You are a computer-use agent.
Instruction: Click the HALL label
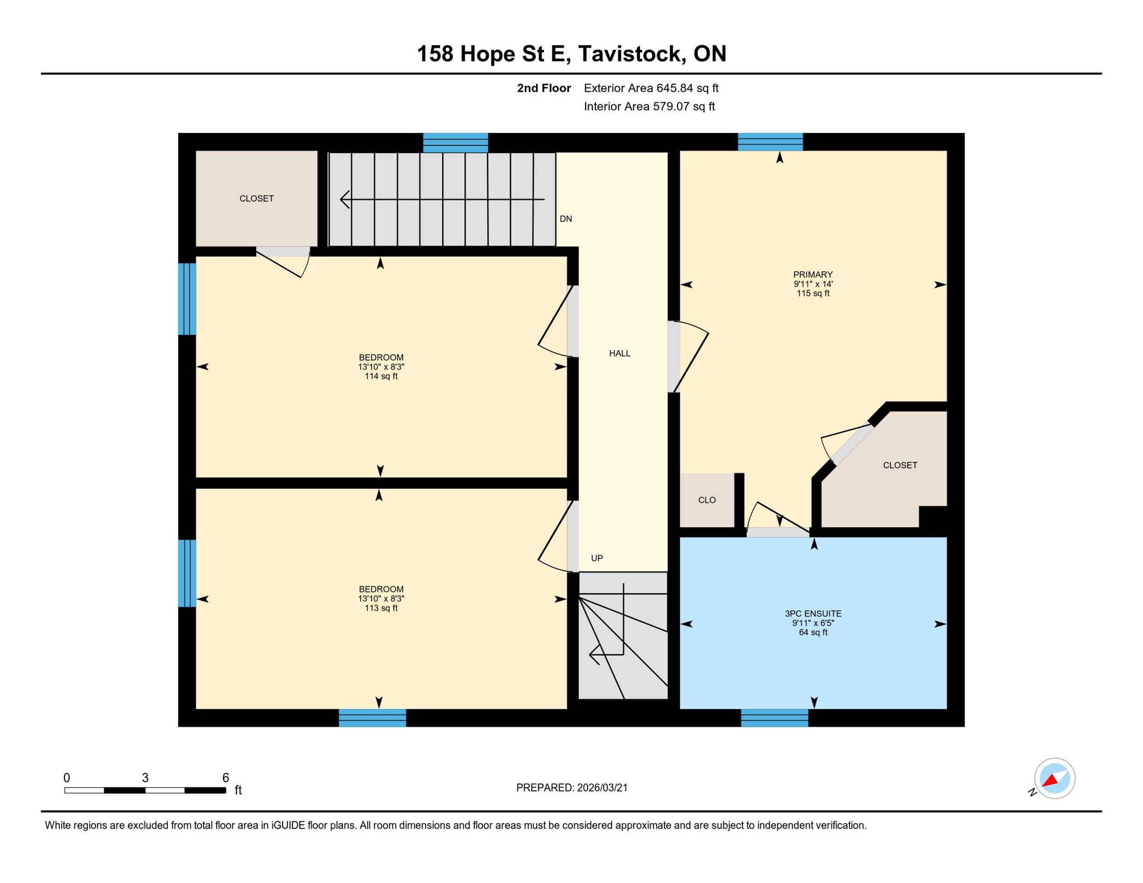(x=620, y=354)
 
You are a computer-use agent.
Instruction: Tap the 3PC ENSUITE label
(x=813, y=614)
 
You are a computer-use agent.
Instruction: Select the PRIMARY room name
(x=813, y=275)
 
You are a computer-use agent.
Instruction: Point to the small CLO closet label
(x=707, y=500)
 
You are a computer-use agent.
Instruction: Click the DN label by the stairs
(x=566, y=218)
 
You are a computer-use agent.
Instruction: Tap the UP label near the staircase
(x=597, y=558)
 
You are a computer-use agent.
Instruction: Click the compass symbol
(x=1055, y=778)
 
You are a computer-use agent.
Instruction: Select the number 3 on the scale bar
(x=145, y=778)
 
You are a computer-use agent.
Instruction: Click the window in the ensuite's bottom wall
(x=774, y=718)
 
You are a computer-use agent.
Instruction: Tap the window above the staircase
(x=455, y=142)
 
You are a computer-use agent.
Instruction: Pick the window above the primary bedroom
(x=770, y=142)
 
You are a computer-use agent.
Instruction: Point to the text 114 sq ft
(x=381, y=376)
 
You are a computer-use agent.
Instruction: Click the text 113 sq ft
(x=381, y=608)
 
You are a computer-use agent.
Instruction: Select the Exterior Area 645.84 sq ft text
(x=652, y=88)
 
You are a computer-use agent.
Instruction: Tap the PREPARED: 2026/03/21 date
(x=572, y=788)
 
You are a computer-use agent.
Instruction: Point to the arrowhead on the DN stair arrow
(x=345, y=199)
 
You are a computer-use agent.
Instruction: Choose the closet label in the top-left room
(x=256, y=199)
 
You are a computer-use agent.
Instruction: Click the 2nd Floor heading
(x=544, y=88)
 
